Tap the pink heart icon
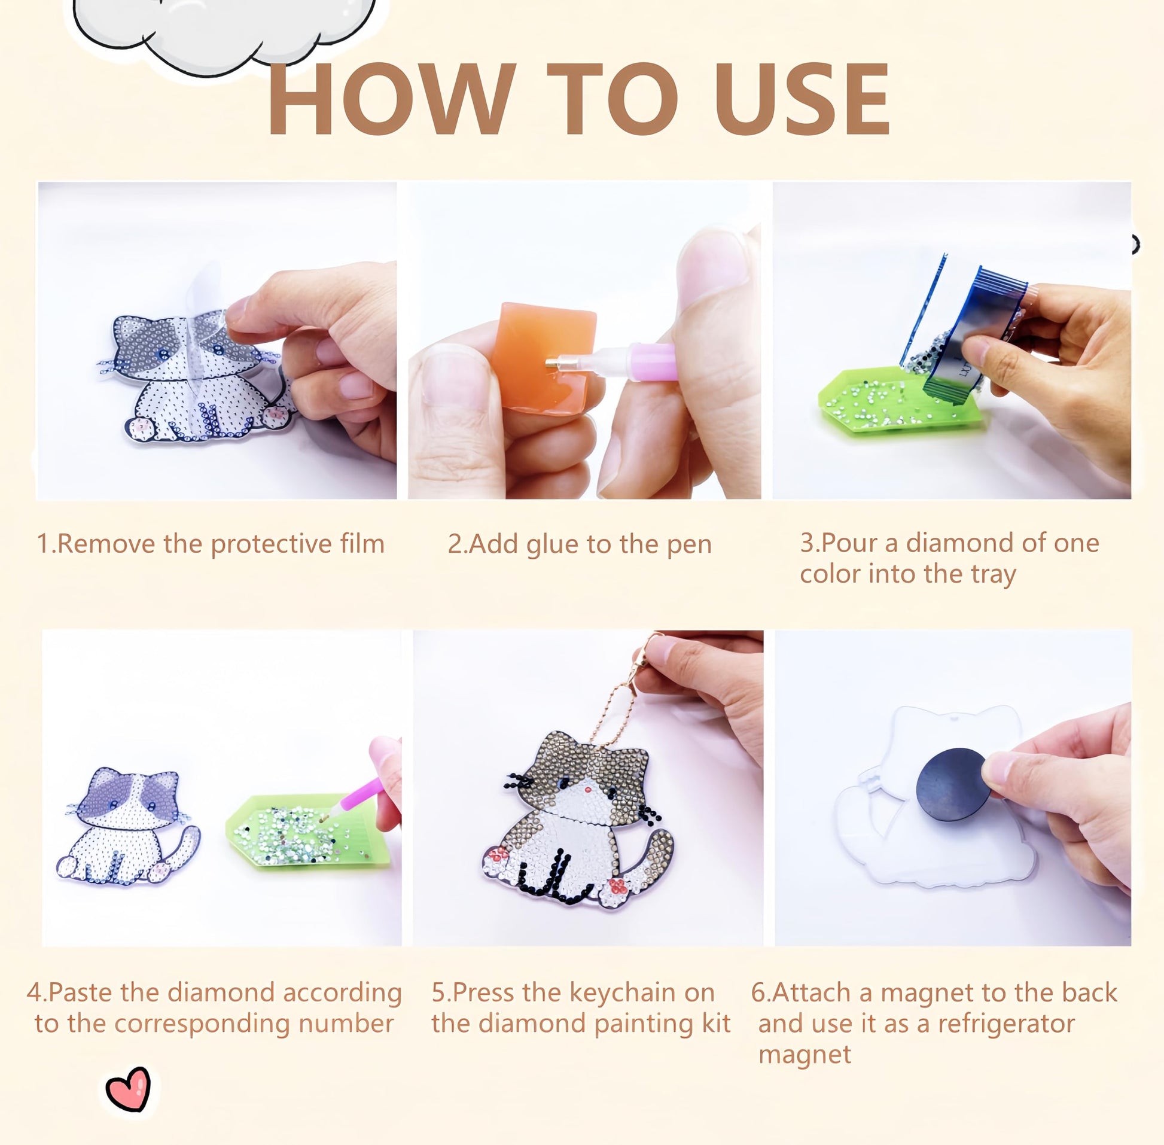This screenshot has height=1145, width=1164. point(128,1089)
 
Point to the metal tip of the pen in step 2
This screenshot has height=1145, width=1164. point(552,363)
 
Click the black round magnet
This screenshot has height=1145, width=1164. point(953,785)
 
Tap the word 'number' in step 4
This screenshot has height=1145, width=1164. point(346,1024)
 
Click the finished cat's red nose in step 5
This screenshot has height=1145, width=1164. point(588,789)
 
